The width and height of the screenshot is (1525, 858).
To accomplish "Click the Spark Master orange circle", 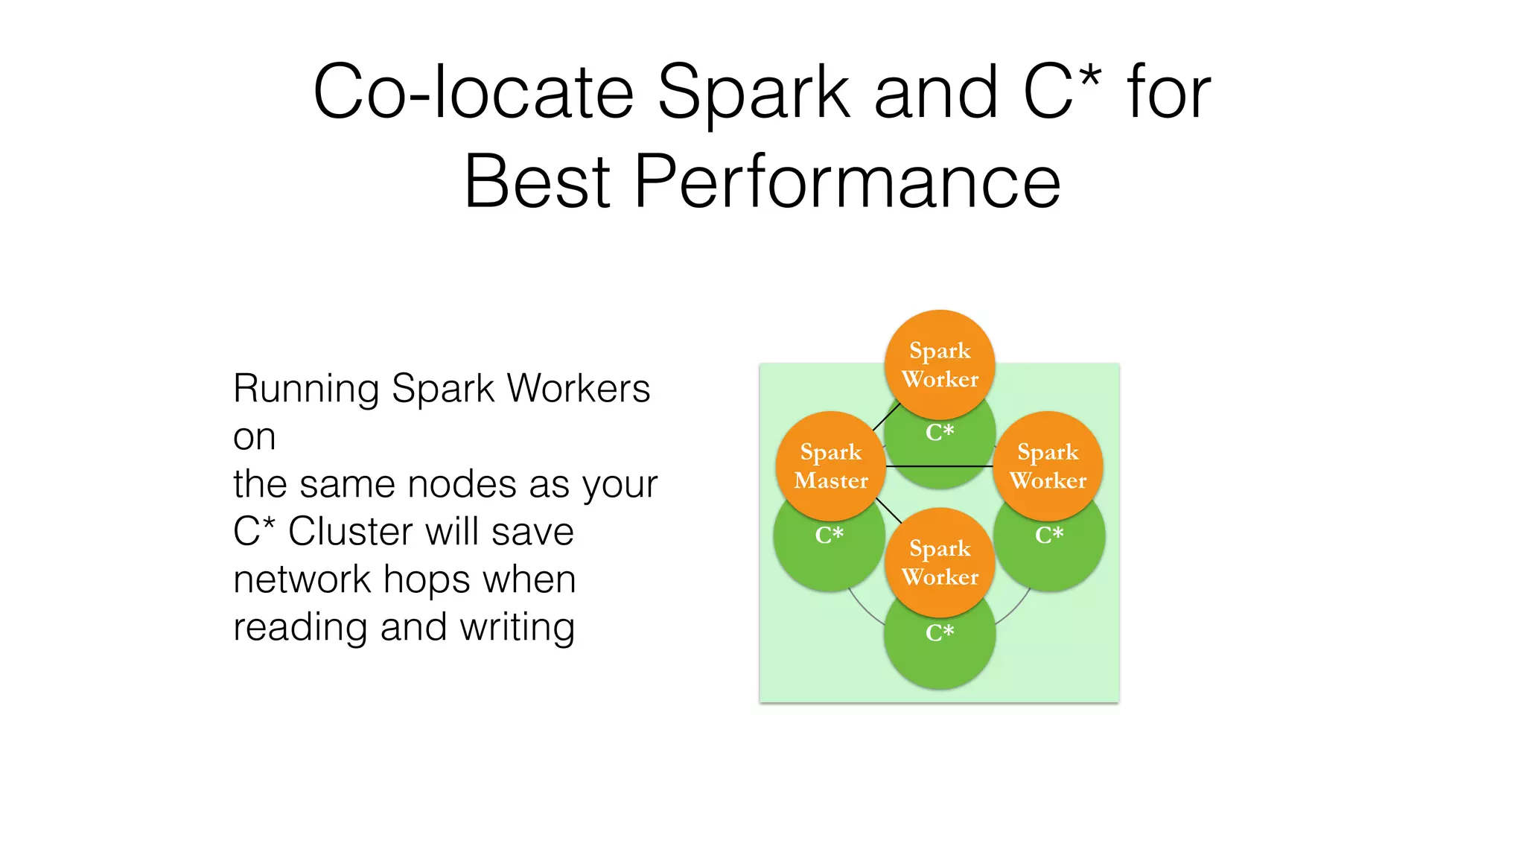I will [x=831, y=466].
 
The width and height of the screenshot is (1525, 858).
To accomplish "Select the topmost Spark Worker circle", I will [x=940, y=364].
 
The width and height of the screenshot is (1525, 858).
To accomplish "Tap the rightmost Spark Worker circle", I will [x=1048, y=466].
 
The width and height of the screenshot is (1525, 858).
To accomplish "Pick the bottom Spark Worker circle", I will [x=940, y=562].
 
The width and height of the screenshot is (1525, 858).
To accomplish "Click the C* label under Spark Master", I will [x=829, y=535].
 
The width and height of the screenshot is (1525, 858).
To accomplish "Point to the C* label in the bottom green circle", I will [x=940, y=633].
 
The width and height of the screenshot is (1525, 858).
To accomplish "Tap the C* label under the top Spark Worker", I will [x=940, y=432].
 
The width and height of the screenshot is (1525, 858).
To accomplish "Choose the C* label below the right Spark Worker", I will [x=1049, y=535].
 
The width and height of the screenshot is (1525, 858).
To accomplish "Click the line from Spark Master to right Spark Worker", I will [x=940, y=466].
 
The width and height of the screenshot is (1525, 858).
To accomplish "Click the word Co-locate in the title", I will [x=473, y=92].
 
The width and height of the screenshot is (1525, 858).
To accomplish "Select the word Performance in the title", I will [x=847, y=181].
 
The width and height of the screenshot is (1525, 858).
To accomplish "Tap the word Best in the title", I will [x=537, y=181].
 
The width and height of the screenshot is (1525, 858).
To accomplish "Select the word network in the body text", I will [x=302, y=579].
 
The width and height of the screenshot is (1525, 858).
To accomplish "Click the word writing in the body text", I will [x=517, y=627].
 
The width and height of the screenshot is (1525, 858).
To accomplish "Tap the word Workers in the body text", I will [x=579, y=389].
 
